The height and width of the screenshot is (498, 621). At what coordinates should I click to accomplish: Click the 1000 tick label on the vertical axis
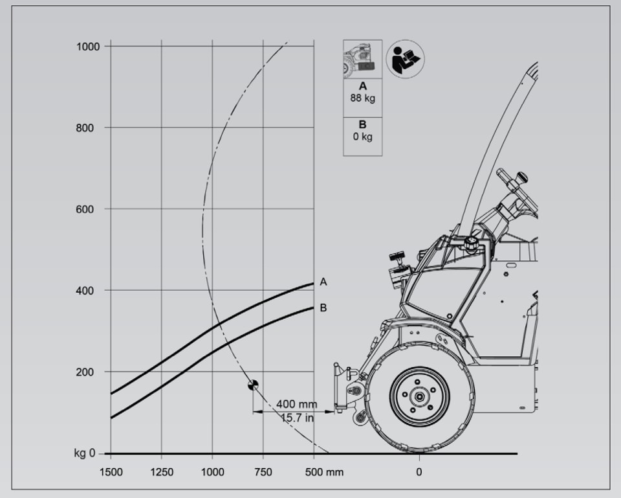pyautogui.click(x=87, y=47)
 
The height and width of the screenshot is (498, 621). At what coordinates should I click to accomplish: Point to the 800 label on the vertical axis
pyautogui.click(x=85, y=128)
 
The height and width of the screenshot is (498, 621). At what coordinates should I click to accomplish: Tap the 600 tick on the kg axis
pyautogui.click(x=85, y=209)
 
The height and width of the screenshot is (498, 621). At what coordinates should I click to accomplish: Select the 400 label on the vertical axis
pyautogui.click(x=85, y=291)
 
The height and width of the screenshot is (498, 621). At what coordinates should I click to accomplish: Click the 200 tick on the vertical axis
pyautogui.click(x=85, y=372)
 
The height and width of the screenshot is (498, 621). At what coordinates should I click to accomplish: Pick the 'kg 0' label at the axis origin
pyautogui.click(x=85, y=453)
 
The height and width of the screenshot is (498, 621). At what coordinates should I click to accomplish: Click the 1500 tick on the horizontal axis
pyautogui.click(x=111, y=472)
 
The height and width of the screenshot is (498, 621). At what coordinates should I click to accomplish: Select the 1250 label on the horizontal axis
pyautogui.click(x=162, y=472)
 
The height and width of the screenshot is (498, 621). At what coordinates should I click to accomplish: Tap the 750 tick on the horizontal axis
pyautogui.click(x=263, y=472)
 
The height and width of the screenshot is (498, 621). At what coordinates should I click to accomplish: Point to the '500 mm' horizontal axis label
pyautogui.click(x=324, y=472)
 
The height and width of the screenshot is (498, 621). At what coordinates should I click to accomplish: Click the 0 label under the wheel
pyautogui.click(x=419, y=472)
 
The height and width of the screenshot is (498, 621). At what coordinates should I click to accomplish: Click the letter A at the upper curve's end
pyautogui.click(x=323, y=282)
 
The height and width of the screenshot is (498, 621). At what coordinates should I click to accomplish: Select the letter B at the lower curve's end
pyautogui.click(x=323, y=308)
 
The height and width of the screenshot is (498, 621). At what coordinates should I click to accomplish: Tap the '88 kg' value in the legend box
pyautogui.click(x=362, y=98)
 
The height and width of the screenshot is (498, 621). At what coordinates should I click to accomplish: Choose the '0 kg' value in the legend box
pyautogui.click(x=362, y=137)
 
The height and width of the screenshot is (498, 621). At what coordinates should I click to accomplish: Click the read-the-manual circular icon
pyautogui.click(x=405, y=59)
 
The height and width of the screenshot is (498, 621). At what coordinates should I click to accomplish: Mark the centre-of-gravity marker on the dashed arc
pyautogui.click(x=253, y=385)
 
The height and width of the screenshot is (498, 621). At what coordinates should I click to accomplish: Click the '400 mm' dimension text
pyautogui.click(x=297, y=404)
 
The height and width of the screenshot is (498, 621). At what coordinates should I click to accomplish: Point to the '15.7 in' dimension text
pyautogui.click(x=298, y=418)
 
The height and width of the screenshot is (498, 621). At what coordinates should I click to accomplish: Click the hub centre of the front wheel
pyautogui.click(x=419, y=396)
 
